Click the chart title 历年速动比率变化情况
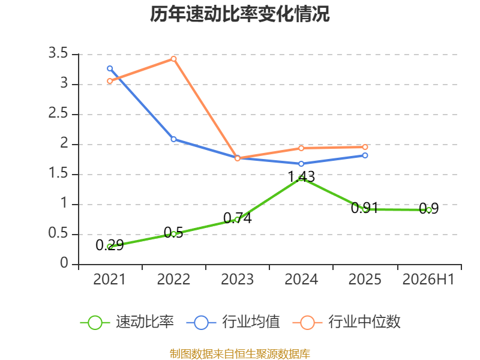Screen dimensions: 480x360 [239, 14]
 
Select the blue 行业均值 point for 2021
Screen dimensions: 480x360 [110, 68]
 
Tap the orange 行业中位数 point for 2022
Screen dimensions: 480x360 [173, 59]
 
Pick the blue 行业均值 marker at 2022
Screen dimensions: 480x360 [173, 139]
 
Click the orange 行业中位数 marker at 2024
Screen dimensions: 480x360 [301, 148]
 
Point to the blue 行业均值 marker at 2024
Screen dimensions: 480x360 [301, 164]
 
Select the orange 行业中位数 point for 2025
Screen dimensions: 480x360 [365, 147]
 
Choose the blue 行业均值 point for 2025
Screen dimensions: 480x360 [365, 155]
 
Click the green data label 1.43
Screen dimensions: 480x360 [301, 177]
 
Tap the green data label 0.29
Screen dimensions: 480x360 [110, 245]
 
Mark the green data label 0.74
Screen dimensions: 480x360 [238, 218]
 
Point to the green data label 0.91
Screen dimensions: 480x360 [364, 208]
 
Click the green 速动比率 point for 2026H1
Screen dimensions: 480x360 [429, 210]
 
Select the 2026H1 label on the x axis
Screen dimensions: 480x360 [428, 280]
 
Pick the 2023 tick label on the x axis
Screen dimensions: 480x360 [237, 280]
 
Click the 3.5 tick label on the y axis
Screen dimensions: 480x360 [58, 53]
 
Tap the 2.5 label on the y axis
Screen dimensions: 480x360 [58, 113]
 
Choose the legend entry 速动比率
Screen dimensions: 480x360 [127, 322]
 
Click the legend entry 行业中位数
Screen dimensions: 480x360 [347, 322]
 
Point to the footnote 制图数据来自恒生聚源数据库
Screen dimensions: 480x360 [240, 354]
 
